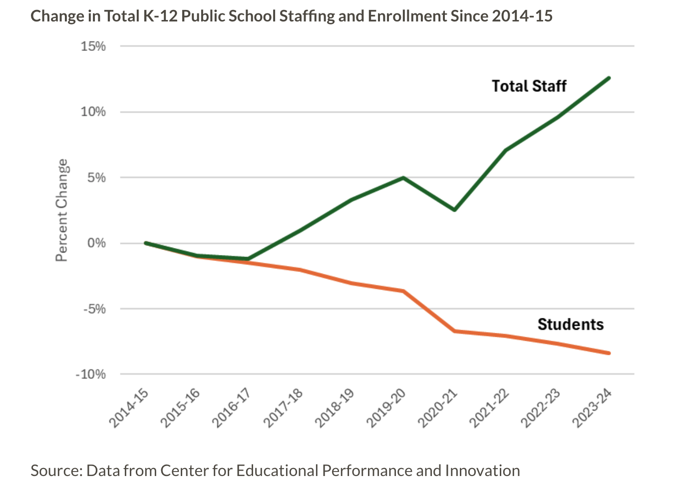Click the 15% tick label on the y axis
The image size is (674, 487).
coord(93,46)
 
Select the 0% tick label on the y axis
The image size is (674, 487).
coord(96,243)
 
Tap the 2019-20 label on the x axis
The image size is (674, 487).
coord(386,408)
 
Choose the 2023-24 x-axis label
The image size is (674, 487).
coord(592,408)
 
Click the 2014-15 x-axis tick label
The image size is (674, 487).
coord(129,408)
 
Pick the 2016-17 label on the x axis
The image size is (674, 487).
coord(231,408)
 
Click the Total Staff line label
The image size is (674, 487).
coord(529,86)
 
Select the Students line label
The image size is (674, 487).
coord(570,324)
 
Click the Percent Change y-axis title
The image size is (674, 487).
coord(61,210)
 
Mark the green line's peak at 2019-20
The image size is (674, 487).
coord(403,178)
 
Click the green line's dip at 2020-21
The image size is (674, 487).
coord(455,210)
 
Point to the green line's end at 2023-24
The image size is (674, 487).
coord(609,78)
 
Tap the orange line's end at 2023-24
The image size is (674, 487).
coord(609,353)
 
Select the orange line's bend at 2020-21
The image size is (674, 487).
coord(455,331)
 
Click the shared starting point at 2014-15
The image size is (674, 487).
coord(145,243)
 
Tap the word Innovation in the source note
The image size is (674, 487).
coord(482,471)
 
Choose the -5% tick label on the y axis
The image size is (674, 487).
coord(94,309)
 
